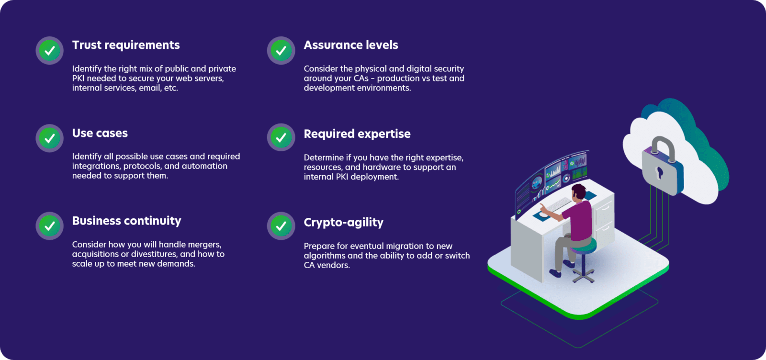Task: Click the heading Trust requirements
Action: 126,45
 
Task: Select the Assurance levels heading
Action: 351,45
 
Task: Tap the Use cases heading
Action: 100,133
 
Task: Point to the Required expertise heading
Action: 357,134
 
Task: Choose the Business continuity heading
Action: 127,221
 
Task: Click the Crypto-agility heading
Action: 344,223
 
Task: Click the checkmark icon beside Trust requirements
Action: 50,50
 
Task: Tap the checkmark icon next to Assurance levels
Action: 281,50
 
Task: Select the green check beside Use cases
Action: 50,138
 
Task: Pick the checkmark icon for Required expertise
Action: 281,138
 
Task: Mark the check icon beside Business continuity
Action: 50,226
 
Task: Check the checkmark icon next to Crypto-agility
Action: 281,226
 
